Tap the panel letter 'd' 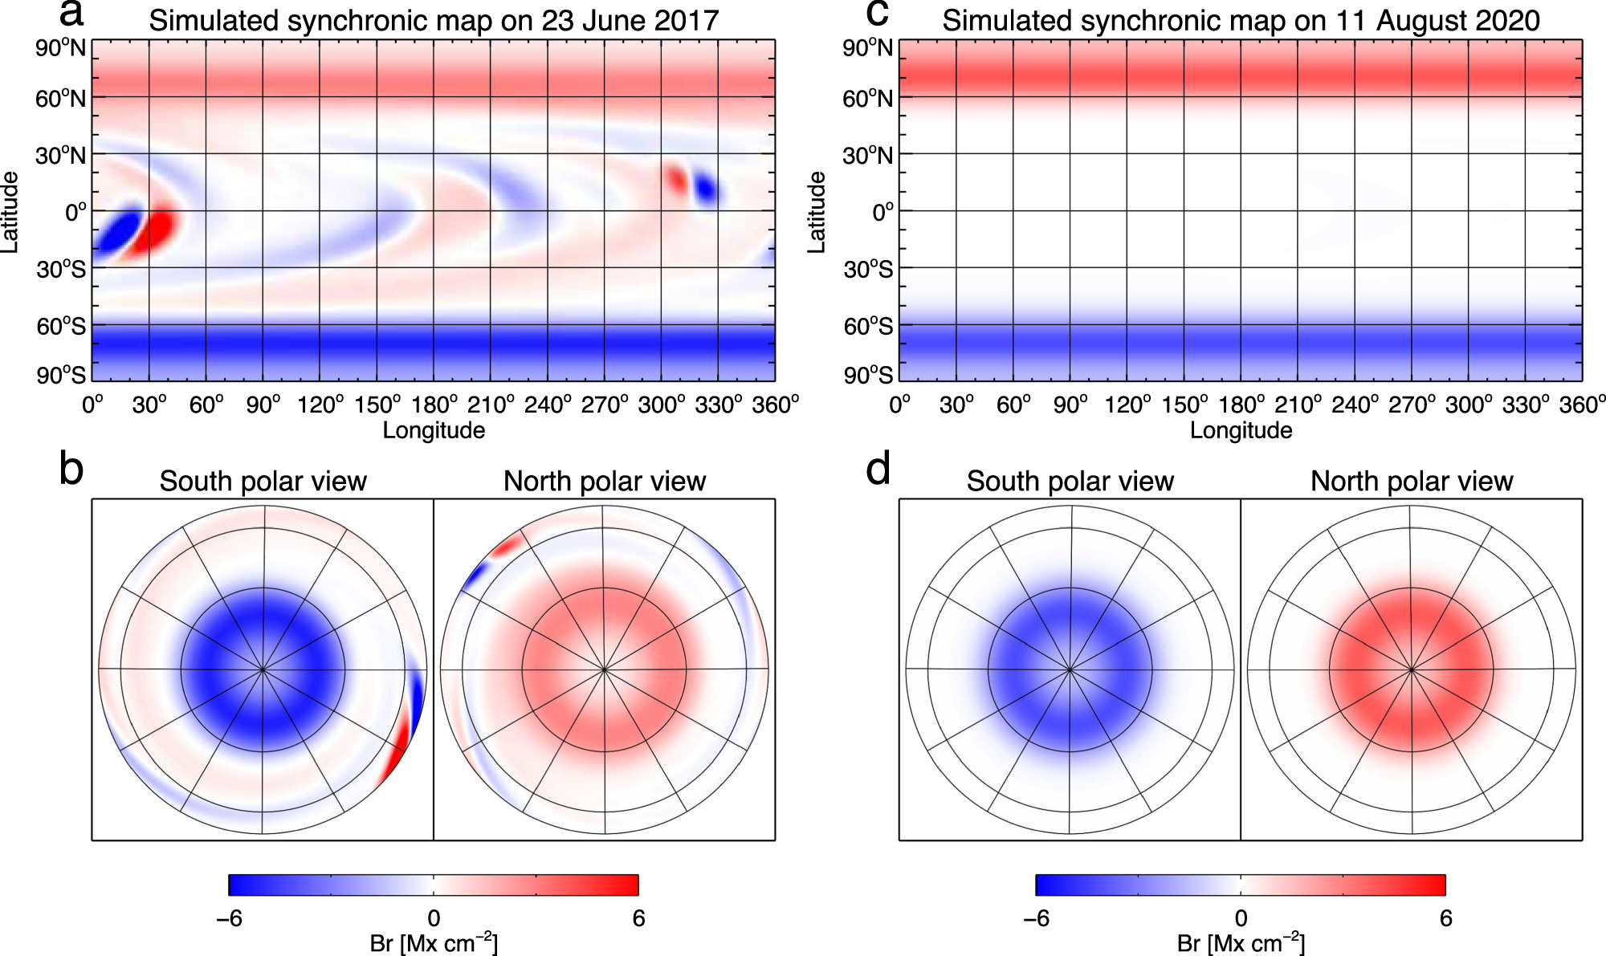click(x=878, y=469)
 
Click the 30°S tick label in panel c click(x=868, y=270)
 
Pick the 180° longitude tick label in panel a click(x=434, y=405)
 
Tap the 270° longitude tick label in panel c click(x=1412, y=405)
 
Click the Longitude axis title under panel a click(x=434, y=430)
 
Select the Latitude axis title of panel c click(x=816, y=212)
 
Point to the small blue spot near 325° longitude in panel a click(x=707, y=190)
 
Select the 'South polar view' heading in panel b click(x=263, y=481)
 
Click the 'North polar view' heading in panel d click(x=1411, y=481)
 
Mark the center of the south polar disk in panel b click(x=263, y=669)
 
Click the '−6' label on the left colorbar click(x=229, y=918)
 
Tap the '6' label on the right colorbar click(x=1445, y=918)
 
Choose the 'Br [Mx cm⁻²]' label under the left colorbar click(x=434, y=943)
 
